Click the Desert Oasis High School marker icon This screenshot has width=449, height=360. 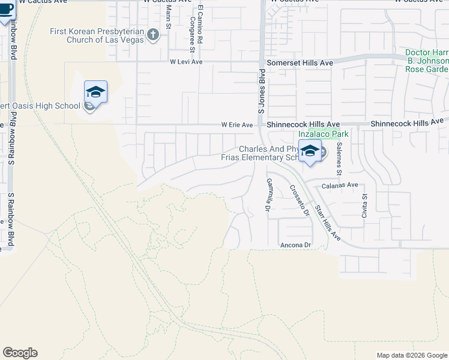pyautogui.click(x=95, y=92)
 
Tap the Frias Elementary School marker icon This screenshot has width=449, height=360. pyautogui.click(x=310, y=152)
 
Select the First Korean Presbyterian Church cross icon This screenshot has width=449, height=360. pyautogui.click(x=152, y=35)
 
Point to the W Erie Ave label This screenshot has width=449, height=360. pyautogui.click(x=237, y=125)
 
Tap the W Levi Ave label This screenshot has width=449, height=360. pyautogui.click(x=186, y=61)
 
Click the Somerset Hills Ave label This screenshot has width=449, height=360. pyautogui.click(x=300, y=62)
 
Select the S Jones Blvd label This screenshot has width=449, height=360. pyautogui.click(x=262, y=95)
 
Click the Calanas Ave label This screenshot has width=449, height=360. pyautogui.click(x=340, y=185)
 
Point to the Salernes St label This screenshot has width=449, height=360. pyautogui.click(x=339, y=158)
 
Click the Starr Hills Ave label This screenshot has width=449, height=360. pyautogui.click(x=327, y=222)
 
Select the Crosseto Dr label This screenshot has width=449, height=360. pyautogui.click(x=299, y=200)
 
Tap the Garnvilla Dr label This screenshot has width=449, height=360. pyautogui.click(x=268, y=194)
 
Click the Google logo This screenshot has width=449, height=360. pyautogui.click(x=20, y=353)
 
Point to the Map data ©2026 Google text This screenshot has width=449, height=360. pyautogui.click(x=412, y=355)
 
